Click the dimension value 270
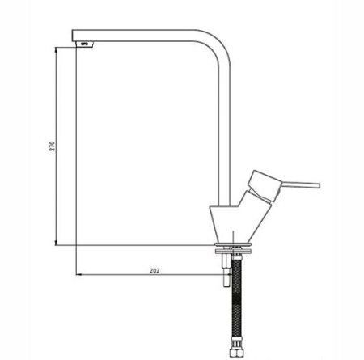pyautogui.click(x=52, y=146)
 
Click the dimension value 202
pyautogui.click(x=154, y=271)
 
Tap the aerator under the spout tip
pyautogui.click(x=85, y=44)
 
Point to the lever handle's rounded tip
pyautogui.click(x=319, y=185)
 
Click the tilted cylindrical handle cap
pyautogui.click(x=263, y=185)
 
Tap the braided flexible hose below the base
pyautogui.click(x=237, y=301)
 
